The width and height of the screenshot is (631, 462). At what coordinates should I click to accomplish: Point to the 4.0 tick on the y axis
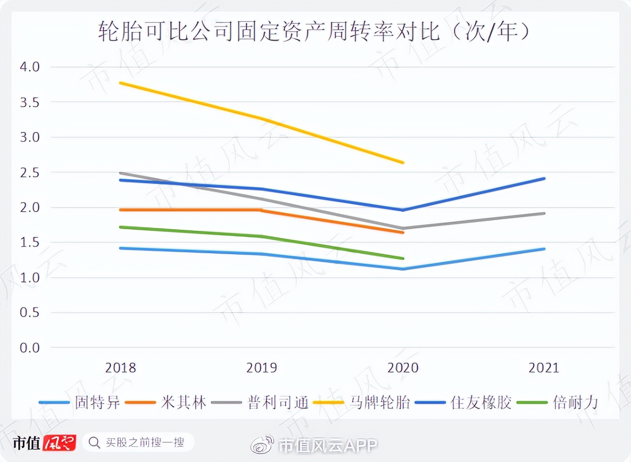click(x=29, y=67)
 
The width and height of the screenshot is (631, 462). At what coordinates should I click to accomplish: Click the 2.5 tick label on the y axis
click(x=29, y=173)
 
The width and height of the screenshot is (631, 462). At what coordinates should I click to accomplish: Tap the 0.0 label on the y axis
click(x=29, y=348)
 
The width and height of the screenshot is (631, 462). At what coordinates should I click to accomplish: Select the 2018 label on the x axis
click(x=120, y=368)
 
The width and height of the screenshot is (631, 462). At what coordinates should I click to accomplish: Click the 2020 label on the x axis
click(x=403, y=368)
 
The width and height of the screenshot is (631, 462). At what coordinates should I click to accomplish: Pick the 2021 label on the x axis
click(x=544, y=368)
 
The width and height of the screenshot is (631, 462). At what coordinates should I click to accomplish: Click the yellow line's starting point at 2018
click(x=121, y=83)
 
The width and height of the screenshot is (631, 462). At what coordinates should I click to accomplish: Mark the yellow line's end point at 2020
click(x=403, y=163)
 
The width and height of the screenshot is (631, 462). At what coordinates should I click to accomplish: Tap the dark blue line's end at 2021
click(x=544, y=179)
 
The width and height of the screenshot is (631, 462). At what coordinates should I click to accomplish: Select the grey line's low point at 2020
click(x=403, y=228)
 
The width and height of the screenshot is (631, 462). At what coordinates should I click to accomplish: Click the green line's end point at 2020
click(x=403, y=258)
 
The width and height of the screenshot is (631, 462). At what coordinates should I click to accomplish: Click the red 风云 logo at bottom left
click(x=60, y=443)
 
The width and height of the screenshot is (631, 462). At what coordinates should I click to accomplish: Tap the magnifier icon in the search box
click(x=94, y=443)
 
